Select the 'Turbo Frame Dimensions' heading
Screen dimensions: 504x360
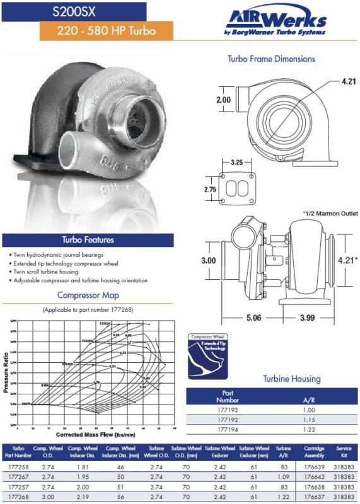tap(271, 59)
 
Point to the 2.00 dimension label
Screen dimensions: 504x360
tap(223, 100)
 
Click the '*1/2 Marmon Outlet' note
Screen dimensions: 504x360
tap(330, 214)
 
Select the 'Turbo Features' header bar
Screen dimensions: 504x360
tap(88, 239)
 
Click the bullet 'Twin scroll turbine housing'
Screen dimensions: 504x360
tap(46, 272)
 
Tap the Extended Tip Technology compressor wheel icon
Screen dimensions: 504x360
tap(208, 357)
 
